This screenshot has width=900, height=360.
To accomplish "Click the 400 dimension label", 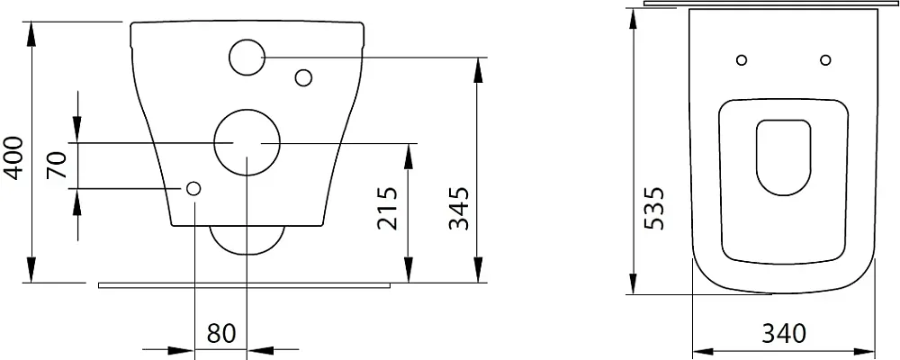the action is pyautogui.click(x=13, y=157).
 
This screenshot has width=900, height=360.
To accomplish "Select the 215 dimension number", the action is pyautogui.click(x=388, y=207).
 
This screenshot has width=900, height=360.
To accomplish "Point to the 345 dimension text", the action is pyautogui.click(x=459, y=207).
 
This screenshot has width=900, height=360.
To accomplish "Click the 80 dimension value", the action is pyautogui.click(x=221, y=334).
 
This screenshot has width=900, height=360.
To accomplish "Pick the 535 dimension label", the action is pyautogui.click(x=654, y=207).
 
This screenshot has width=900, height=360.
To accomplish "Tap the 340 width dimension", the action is pyautogui.click(x=784, y=334).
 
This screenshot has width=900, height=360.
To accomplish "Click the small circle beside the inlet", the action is pyautogui.click(x=303, y=77).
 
